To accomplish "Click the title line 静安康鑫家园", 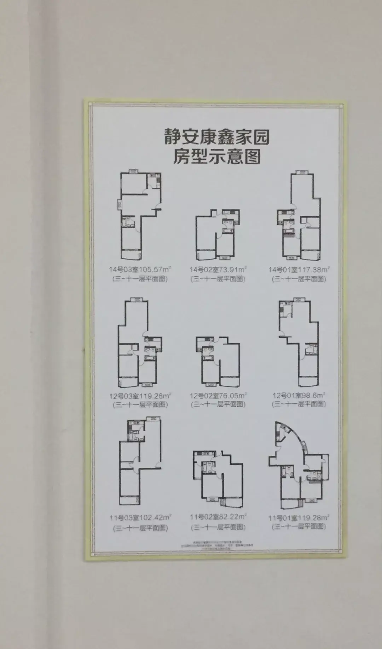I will pos(216,137).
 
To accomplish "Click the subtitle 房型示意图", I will pos(216,156).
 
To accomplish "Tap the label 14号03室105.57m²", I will pos(140,269).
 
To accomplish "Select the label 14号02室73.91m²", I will pos(218,270).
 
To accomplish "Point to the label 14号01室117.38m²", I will pos(299,270).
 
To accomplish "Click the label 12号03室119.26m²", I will pos(140,396).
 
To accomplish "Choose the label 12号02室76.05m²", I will pos(218,396).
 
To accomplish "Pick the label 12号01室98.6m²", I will pos(299,395).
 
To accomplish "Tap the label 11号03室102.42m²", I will pos(140,518).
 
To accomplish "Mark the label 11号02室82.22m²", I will pos(218,517).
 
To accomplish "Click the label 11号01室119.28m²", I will pos(299,518).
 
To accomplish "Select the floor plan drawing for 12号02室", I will pos(218,361).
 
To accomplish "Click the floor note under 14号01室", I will pos(299,279).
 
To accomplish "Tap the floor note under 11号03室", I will pos(140,528).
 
